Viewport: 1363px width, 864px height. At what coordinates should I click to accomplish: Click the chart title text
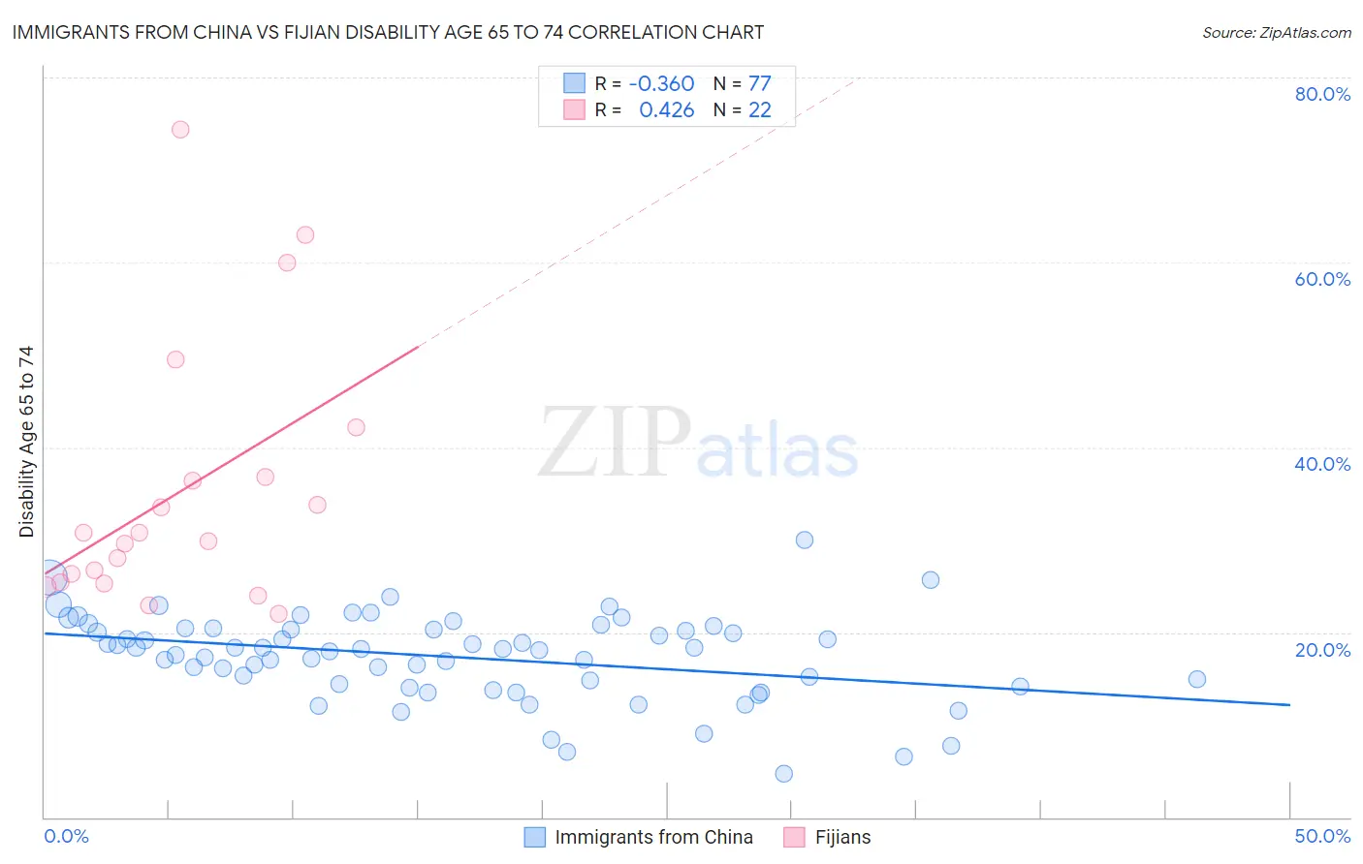click(x=388, y=32)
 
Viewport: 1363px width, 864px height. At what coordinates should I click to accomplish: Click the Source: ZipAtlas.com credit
click(x=1276, y=32)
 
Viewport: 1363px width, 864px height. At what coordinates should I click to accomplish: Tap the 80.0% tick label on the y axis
click(x=1322, y=94)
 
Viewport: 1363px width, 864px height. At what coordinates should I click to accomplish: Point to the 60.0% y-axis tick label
click(x=1322, y=279)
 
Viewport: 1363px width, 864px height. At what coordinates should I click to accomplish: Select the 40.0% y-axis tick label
click(x=1322, y=464)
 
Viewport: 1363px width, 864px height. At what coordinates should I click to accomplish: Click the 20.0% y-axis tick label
click(x=1322, y=650)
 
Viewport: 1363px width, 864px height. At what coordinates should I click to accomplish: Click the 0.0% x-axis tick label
click(x=66, y=836)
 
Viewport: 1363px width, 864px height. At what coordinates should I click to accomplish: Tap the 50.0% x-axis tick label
click(x=1322, y=836)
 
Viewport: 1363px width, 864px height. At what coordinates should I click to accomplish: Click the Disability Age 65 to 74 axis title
click(x=26, y=442)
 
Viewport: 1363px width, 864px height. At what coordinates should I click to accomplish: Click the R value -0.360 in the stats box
click(x=662, y=83)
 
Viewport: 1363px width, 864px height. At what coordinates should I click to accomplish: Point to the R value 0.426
click(x=667, y=109)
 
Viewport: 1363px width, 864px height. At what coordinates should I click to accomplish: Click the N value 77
click(x=759, y=83)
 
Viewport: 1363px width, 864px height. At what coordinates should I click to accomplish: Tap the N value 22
click(x=759, y=109)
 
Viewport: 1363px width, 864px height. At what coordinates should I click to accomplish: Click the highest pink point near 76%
click(x=180, y=130)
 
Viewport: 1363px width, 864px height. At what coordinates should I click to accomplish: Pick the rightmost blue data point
click(x=1197, y=679)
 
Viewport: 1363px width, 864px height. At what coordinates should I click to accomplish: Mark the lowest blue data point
click(x=784, y=773)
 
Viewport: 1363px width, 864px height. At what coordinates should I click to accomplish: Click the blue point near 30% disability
click(x=805, y=540)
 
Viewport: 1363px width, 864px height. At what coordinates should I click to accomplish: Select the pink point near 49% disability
click(x=175, y=359)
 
